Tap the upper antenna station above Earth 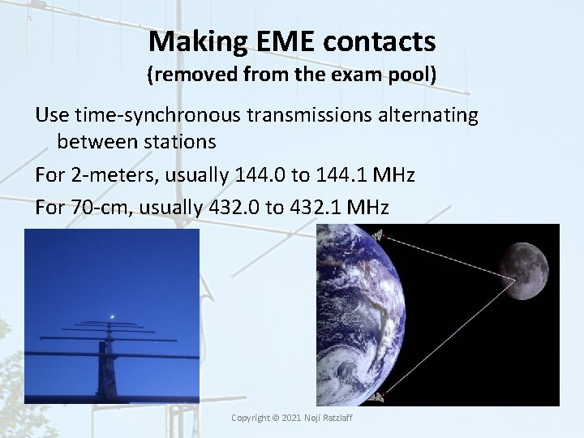pyautogui.click(x=378, y=236)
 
